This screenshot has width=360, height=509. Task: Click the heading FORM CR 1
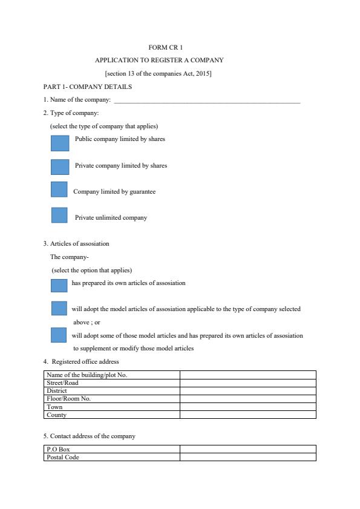point(165,47)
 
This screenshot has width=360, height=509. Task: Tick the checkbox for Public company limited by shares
point(60,143)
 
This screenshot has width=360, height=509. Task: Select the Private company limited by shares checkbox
point(60,166)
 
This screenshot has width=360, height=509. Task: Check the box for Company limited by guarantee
point(59,189)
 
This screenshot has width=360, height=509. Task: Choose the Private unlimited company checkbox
point(59,215)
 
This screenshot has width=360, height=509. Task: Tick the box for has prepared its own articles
point(59,285)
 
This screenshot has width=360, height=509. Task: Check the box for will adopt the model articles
point(59,308)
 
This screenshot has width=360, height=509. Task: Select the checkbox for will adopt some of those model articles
point(59,335)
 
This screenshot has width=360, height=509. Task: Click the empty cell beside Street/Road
point(247,383)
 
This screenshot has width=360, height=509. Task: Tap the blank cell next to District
point(247,391)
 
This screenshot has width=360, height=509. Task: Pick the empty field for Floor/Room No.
point(247,399)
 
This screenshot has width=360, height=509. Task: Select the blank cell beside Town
point(247,407)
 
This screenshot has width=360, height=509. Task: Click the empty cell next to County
point(247,415)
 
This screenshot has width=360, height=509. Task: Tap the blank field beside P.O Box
point(247,449)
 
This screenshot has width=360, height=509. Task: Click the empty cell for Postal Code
point(247,457)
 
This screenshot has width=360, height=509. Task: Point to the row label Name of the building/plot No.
point(87,375)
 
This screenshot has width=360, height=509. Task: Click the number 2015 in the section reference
point(203,74)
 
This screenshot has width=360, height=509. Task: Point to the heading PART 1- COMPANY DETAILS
point(88,87)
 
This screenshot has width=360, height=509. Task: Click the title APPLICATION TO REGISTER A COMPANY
point(159,61)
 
